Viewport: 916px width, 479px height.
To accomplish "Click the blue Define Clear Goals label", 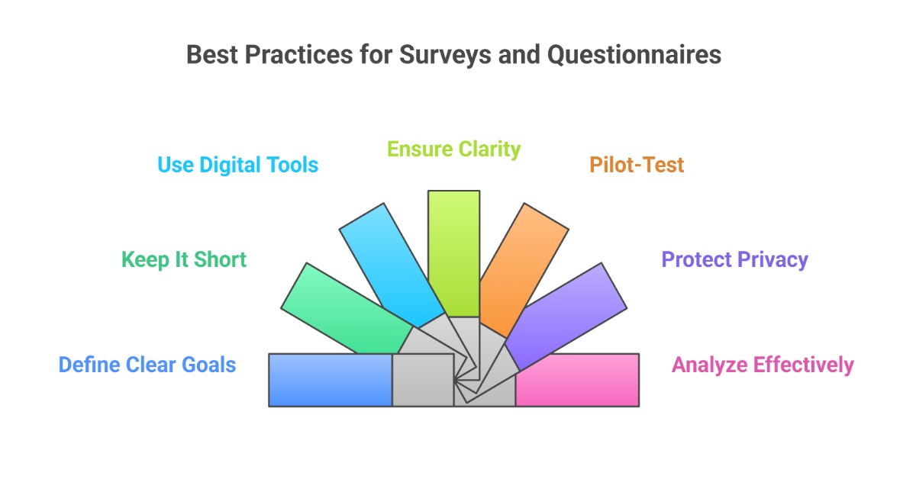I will pyautogui.click(x=147, y=365).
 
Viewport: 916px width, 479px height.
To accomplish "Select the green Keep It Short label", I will pyautogui.click(x=184, y=259).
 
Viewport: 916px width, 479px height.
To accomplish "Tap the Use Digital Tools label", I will pyautogui.click(x=237, y=165).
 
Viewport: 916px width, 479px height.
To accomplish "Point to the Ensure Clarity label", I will pyautogui.click(x=453, y=149).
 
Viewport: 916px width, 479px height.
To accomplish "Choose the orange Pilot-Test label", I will pyautogui.click(x=637, y=165).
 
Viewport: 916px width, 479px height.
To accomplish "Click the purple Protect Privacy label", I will pyautogui.click(x=734, y=259).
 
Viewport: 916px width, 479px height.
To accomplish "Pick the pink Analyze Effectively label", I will pyautogui.click(x=763, y=365).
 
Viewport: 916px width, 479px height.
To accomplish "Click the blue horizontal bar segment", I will pyautogui.click(x=330, y=380).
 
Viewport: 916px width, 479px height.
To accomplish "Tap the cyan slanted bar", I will pyautogui.click(x=390, y=264).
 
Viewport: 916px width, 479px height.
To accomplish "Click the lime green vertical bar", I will pyautogui.click(x=453, y=252).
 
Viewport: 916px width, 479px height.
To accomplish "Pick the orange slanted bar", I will pyautogui.click(x=523, y=267).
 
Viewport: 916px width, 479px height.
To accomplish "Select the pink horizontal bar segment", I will pyautogui.click(x=577, y=380).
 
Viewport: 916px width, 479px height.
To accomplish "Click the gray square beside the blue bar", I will pyautogui.click(x=422, y=380).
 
